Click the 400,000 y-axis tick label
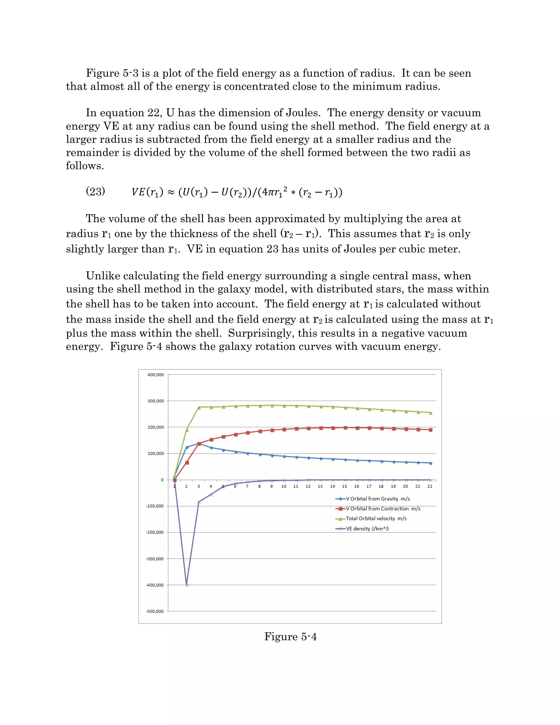[155, 375]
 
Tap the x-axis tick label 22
[430, 486]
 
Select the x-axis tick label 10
[284, 486]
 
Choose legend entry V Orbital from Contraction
[383, 509]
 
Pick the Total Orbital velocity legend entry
[376, 518]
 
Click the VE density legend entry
[367, 529]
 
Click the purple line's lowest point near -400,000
[187, 585]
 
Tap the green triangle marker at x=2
[187, 430]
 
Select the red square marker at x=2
[187, 462]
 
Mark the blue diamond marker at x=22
[431, 463]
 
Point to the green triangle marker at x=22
[431, 413]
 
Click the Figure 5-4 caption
[290, 637]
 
